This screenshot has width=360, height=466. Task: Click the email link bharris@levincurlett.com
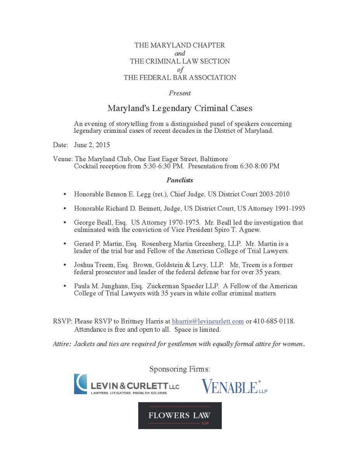(x=208, y=321)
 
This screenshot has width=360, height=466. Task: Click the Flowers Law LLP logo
(x=180, y=416)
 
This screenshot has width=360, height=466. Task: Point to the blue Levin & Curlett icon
(x=80, y=384)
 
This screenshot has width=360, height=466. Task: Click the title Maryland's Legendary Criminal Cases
(x=180, y=108)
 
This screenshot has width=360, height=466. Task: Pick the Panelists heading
(x=180, y=180)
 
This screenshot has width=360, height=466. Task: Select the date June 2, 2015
(x=92, y=145)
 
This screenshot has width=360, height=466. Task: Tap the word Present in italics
(x=180, y=93)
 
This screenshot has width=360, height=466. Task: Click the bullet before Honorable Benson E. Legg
(x=64, y=194)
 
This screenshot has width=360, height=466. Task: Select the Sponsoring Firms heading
(x=180, y=369)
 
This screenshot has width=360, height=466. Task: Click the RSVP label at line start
(x=62, y=321)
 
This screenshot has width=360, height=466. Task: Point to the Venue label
(x=63, y=159)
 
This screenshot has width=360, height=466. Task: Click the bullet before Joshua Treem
(x=64, y=265)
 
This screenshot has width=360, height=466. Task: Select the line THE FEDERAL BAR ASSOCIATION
(x=180, y=77)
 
